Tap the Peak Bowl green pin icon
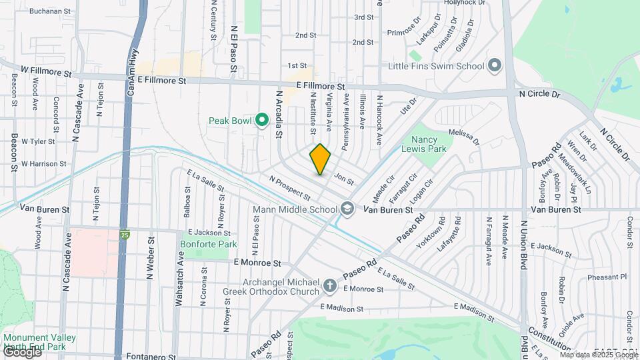[x=262, y=121]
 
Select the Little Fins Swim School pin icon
[x=494, y=65]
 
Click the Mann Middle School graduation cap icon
[x=347, y=209]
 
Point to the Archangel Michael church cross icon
[x=329, y=286]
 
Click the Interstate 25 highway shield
[x=125, y=234]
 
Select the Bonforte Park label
[x=208, y=245]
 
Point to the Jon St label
[x=343, y=179]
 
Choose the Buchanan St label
[x=50, y=11]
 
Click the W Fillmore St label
[x=45, y=70]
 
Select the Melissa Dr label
[x=464, y=137]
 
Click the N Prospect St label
[x=290, y=189]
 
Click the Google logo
[x=21, y=351]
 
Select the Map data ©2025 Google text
[x=599, y=355]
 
